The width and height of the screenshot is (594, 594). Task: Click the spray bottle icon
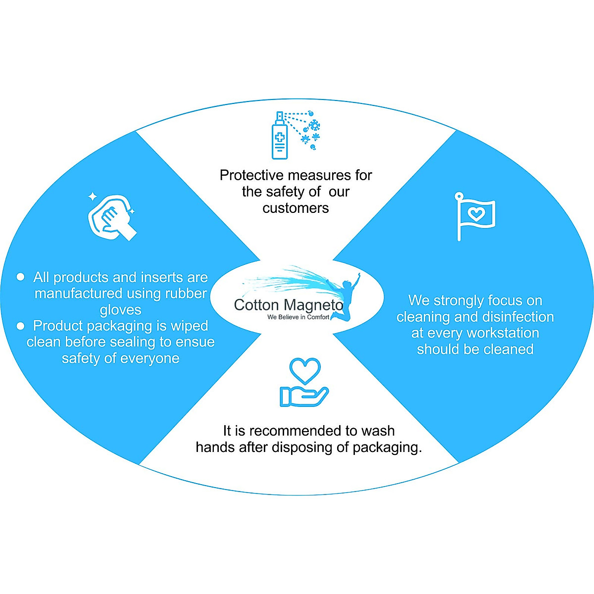[280, 136]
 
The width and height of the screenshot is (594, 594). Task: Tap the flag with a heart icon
[475, 215]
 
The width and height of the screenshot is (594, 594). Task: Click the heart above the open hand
[305, 370]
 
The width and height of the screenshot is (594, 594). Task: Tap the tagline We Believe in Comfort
[298, 317]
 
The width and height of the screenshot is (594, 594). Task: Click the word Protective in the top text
[252, 175]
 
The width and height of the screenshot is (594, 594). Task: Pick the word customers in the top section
[296, 208]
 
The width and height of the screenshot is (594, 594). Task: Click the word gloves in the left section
[120, 310]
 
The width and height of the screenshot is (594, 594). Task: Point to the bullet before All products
[20, 277]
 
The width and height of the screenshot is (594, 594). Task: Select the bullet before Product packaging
[20, 326]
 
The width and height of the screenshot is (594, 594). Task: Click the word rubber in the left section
[186, 294]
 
